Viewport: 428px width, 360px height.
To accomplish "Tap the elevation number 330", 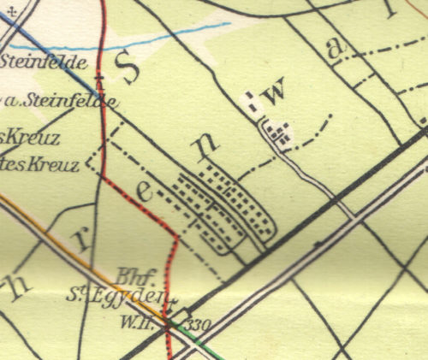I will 199,325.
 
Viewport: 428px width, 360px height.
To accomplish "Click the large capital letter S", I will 130,70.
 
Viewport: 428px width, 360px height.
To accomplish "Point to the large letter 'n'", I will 203,150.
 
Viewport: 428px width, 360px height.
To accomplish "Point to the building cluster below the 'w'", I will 278,132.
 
